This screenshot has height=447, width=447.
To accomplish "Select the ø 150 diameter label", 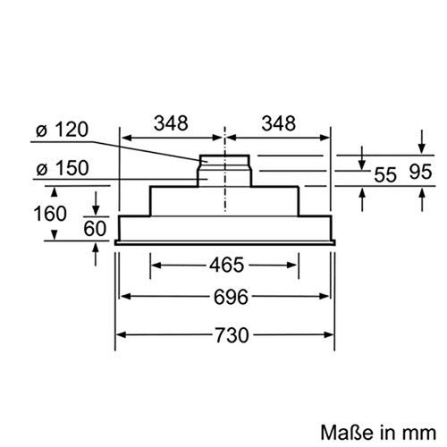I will pos(63,167).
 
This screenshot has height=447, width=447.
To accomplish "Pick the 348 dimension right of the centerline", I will pos(278,123).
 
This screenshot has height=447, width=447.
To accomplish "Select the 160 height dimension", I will pos(27,214).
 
